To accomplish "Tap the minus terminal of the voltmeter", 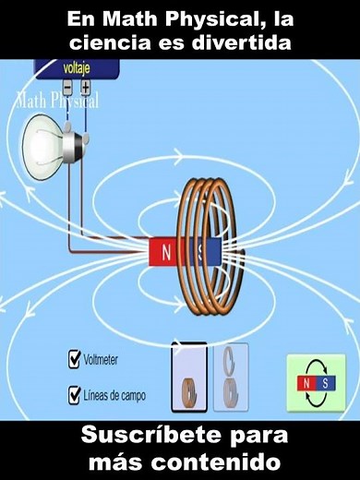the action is [67, 88].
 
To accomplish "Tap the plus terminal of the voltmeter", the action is [86, 88].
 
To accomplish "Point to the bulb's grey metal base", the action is [77, 139].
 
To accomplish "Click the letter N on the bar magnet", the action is [166, 251].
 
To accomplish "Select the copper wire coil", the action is [215, 249].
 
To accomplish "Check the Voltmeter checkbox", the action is [75, 359].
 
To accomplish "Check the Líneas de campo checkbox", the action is [75, 396].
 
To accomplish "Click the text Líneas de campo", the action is [114, 397].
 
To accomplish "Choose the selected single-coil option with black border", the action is [189, 378].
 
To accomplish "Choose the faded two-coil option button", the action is [231, 378].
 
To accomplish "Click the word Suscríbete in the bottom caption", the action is [138, 435].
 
